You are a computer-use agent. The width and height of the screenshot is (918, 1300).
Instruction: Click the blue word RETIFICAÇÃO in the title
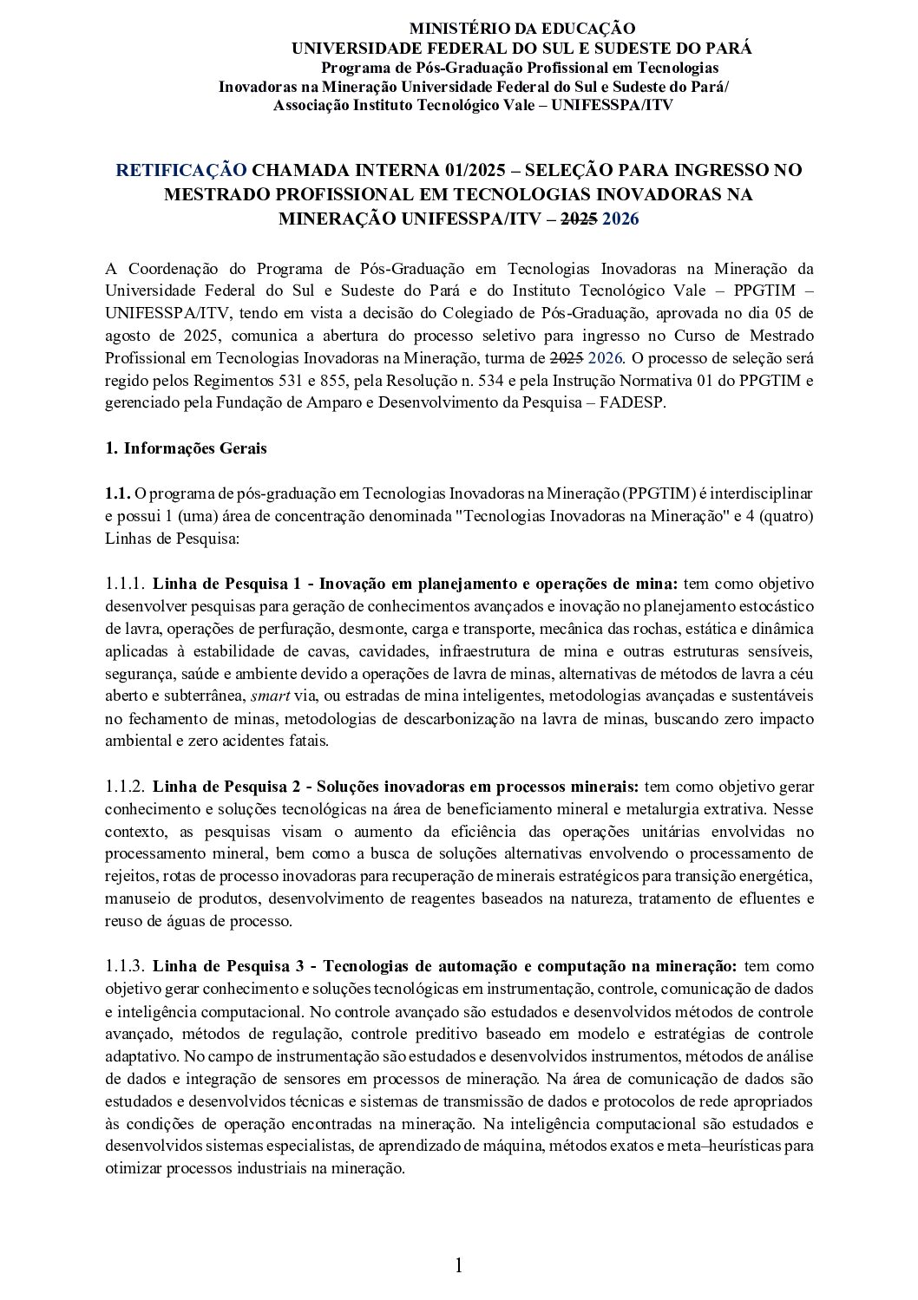(181, 170)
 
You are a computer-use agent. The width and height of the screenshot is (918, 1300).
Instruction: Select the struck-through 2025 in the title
(578, 219)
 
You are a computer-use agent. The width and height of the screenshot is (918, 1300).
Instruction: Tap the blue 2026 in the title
(620, 219)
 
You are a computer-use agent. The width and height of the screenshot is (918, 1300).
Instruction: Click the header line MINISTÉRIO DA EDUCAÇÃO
(521, 29)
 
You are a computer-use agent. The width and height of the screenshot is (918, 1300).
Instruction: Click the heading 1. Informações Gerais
(186, 448)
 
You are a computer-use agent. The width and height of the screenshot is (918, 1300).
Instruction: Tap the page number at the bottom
(459, 1265)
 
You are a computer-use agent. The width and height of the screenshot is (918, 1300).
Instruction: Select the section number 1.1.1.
(125, 583)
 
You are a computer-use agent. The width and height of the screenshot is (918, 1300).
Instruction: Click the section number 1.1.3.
(125, 966)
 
